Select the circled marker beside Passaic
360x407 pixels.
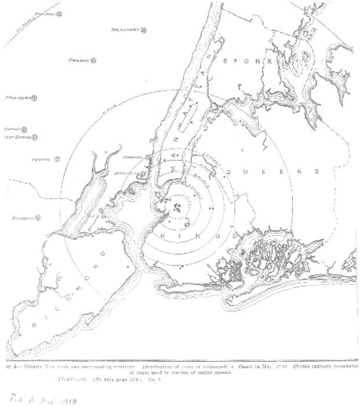tap(94, 61)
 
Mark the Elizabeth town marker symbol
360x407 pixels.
tap(39, 218)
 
